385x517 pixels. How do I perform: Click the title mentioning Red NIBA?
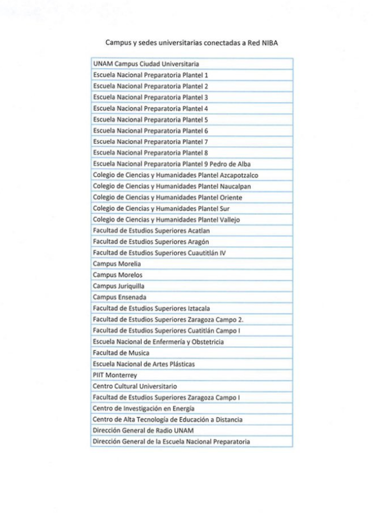coord(192,42)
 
